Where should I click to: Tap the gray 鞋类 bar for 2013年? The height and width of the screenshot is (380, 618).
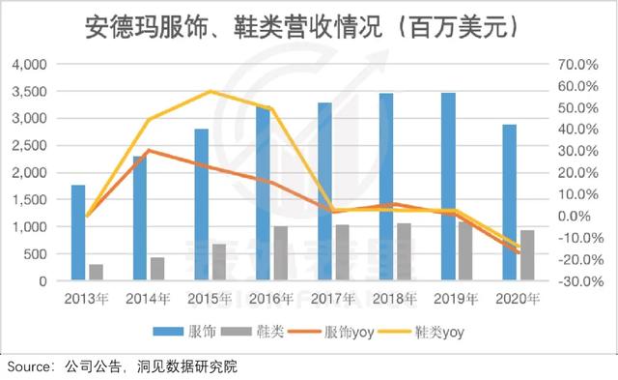96,272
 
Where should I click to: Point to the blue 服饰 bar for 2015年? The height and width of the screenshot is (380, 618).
201,204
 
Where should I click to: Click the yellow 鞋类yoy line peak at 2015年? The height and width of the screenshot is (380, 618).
211,92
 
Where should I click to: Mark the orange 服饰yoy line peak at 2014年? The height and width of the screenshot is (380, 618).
148,150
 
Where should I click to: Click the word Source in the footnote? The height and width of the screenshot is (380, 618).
29,366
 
